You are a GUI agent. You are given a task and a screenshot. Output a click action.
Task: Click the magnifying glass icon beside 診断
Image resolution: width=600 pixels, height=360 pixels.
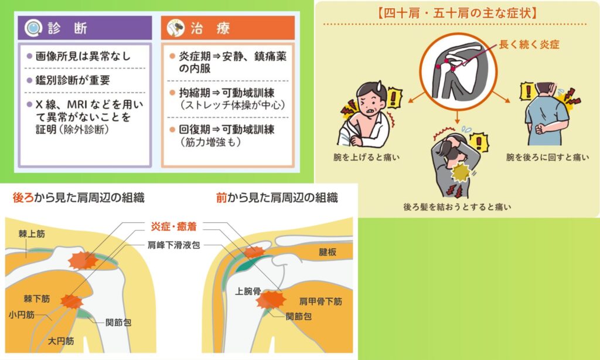(x=33, y=28)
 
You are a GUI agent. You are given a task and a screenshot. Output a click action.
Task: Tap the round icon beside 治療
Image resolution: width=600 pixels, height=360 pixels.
(x=176, y=28)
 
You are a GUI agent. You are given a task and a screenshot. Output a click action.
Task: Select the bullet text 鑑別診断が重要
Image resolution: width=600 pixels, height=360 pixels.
(x=73, y=80)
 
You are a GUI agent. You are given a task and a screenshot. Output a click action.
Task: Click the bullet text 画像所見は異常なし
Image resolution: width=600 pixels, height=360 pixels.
(x=83, y=56)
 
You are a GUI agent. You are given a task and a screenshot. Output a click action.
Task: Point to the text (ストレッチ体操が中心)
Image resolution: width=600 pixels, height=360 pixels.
(x=233, y=105)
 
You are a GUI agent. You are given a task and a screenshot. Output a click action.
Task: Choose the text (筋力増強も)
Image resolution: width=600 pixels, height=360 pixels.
(x=211, y=142)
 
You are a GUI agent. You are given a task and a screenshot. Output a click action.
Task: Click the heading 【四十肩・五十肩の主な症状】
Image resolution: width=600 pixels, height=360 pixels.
(x=457, y=13)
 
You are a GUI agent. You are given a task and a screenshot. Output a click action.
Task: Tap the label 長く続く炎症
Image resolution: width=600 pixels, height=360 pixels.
(x=529, y=45)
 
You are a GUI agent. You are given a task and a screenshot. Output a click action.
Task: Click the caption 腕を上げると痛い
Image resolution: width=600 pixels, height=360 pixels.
(x=367, y=157)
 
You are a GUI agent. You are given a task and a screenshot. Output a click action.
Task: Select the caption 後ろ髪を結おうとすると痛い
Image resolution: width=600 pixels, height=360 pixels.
(x=457, y=207)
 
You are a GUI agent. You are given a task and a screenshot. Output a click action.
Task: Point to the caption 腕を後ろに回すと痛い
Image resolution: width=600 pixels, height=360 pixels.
(x=548, y=157)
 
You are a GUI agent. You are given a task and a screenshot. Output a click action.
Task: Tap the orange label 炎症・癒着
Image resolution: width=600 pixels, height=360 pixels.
(x=173, y=226)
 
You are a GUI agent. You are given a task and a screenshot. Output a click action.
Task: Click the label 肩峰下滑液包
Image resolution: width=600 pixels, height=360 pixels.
(x=174, y=244)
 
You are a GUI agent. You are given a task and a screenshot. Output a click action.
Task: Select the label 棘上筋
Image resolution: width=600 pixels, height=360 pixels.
(x=32, y=233)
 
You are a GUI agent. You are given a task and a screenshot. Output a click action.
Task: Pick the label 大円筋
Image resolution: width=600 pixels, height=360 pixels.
(x=61, y=341)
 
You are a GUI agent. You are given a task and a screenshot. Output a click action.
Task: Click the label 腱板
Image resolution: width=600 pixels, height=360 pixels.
(x=328, y=252)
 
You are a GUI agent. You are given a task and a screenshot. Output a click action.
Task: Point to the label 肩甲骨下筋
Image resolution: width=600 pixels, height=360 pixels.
(x=321, y=301)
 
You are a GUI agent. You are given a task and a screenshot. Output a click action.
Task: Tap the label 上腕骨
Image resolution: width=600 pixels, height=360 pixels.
(x=248, y=291)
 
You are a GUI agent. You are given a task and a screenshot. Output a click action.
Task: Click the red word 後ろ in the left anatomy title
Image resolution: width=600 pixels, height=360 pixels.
(x=23, y=198)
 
